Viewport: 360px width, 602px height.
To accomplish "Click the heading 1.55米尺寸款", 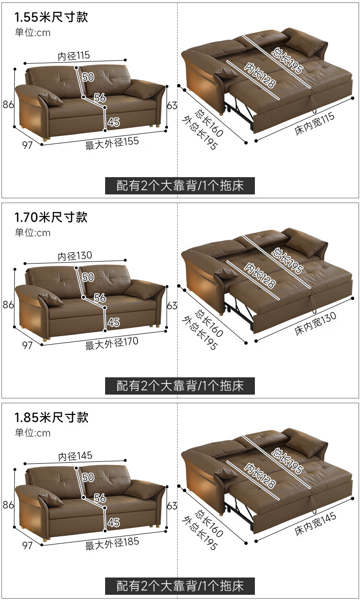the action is pos(51,18).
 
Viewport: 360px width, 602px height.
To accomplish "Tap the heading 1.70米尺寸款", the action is pos(51,217).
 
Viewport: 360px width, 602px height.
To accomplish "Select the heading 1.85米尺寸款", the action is pos(51,417).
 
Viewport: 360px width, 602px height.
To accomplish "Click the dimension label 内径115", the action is pos(74,56).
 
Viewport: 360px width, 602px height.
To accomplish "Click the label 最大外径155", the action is pos(112,143).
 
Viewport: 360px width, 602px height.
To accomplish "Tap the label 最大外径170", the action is pos(112,343).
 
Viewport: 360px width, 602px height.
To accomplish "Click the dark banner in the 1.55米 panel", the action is pos(180,186).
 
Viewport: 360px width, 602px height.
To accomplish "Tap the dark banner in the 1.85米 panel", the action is pos(180,586).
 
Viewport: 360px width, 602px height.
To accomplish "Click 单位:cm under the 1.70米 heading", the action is pos(33,233).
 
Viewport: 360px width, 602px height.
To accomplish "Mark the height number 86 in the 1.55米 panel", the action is pos(8,105).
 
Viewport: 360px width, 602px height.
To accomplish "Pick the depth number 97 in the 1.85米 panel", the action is pos(27,545).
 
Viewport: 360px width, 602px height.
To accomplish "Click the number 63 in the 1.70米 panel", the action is pos(172,305).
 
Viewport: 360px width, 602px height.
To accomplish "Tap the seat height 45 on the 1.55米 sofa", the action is pos(113,122).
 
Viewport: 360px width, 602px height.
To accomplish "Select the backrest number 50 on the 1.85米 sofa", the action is pos(88,477).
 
